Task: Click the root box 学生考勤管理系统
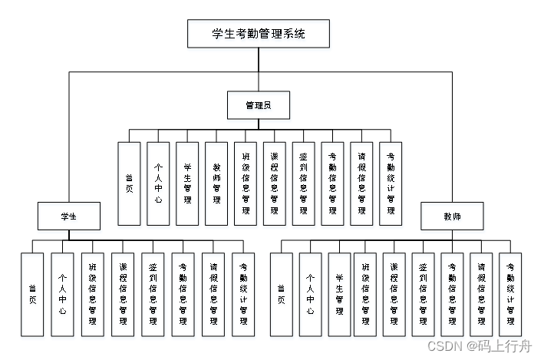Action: coord(259,34)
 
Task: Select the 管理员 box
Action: coord(259,105)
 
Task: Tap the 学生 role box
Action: coord(69,216)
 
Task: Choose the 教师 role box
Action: coord(452,216)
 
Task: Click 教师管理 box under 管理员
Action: coord(216,183)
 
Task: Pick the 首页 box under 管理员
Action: coord(129,183)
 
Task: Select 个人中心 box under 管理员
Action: coord(158,183)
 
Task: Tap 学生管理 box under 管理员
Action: coord(187,183)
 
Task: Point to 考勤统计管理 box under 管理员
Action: coord(391,183)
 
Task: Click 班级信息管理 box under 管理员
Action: coord(246,183)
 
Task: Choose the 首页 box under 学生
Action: coord(32,295)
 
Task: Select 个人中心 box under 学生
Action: coord(62,295)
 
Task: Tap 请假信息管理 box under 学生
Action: coord(213,295)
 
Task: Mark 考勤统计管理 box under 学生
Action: coord(243,295)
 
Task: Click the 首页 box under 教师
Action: coord(281,295)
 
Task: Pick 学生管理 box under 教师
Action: coord(338,295)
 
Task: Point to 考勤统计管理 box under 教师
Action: coord(510,295)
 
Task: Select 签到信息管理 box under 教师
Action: coord(423,295)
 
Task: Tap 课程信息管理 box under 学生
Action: coord(123,295)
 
